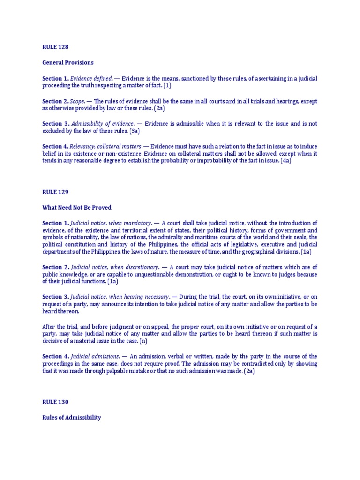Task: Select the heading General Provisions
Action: coord(68,62)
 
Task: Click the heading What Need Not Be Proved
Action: coord(77,207)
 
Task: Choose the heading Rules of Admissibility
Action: coord(72,417)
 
